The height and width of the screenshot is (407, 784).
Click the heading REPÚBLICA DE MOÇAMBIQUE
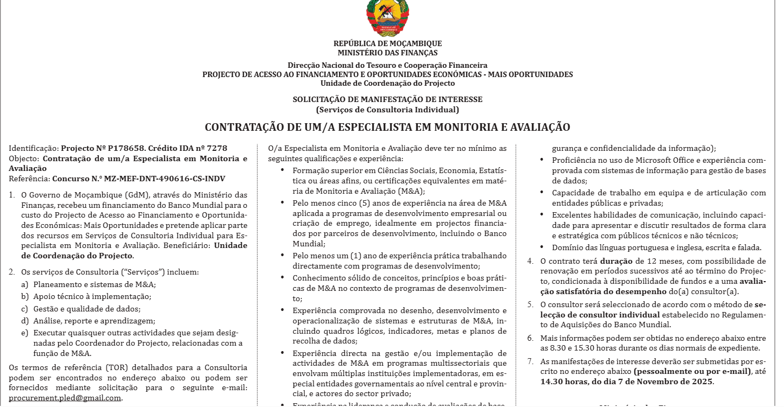387,43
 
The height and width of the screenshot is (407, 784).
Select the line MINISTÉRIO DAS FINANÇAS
387,53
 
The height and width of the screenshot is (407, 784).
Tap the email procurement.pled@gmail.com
65,398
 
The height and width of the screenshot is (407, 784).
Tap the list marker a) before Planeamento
24,284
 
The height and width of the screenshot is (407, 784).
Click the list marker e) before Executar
24,333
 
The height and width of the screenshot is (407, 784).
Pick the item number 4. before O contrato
530,261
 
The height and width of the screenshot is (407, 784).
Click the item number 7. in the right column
530,361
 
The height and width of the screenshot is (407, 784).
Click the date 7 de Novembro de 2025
668,381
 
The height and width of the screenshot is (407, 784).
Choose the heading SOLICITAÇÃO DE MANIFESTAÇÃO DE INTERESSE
387,100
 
